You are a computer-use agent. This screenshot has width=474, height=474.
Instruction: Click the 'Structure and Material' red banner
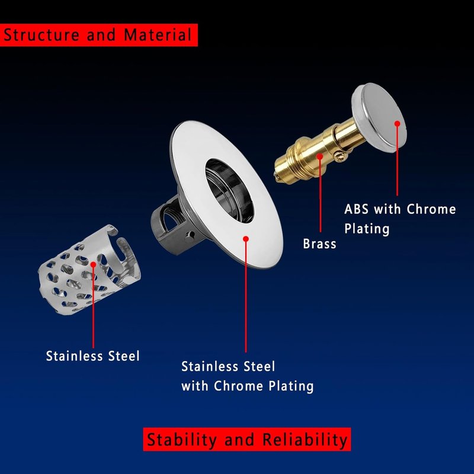click(99, 35)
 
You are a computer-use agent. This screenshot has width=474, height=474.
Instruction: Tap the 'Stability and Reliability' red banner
click(246, 439)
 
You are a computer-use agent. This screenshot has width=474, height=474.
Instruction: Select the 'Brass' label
click(319, 244)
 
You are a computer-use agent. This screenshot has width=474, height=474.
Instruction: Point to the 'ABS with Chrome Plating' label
click(400, 219)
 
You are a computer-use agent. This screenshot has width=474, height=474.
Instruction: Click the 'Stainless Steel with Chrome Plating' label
click(247, 377)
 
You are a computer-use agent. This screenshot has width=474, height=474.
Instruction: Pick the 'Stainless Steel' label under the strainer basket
click(92, 356)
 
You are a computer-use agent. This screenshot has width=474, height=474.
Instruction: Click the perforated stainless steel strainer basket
click(89, 270)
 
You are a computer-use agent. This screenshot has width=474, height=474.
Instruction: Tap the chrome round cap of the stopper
click(379, 117)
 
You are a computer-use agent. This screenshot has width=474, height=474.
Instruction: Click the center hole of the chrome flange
click(229, 191)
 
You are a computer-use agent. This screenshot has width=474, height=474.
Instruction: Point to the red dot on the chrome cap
click(397, 124)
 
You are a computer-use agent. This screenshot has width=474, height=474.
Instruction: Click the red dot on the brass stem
click(320, 156)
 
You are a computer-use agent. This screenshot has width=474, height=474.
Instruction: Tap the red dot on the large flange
click(246, 239)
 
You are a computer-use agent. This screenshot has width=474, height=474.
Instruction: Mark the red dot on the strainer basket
click(93, 264)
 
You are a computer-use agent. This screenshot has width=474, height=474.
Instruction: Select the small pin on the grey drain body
click(190, 236)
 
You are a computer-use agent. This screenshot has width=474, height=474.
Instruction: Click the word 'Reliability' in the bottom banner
click(305, 440)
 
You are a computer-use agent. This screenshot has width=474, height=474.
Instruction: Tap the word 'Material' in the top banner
click(158, 35)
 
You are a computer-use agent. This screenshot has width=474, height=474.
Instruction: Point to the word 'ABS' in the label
click(356, 209)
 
